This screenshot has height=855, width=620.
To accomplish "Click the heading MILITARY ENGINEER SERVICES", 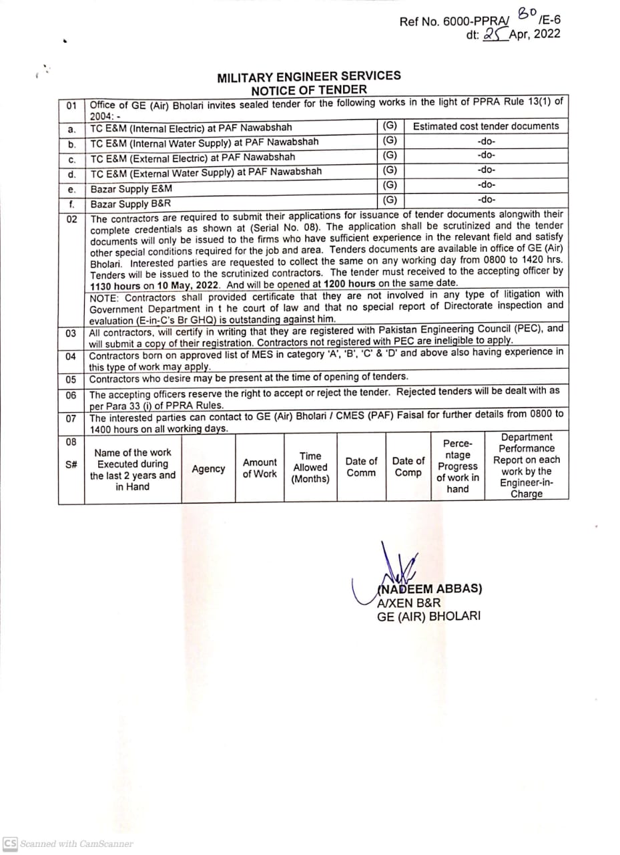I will (309, 77).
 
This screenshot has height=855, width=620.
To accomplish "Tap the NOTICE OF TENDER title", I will (309, 90).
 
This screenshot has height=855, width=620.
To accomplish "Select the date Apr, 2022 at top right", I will (535, 35).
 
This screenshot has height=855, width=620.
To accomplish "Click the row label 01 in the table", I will (71, 106).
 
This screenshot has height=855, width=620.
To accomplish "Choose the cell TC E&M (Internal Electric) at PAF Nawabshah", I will (191, 128).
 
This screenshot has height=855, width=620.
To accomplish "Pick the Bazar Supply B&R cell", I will (131, 204).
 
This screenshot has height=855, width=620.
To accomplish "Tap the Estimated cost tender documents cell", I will (486, 126).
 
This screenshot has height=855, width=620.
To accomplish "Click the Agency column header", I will (208, 469).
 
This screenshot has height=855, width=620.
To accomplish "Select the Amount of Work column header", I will (260, 468).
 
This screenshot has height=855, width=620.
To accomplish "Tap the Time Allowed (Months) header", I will (310, 468).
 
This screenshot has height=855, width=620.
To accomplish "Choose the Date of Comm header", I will (361, 467).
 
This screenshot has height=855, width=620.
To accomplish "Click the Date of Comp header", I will (408, 467).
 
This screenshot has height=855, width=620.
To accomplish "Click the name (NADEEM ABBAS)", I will (429, 588).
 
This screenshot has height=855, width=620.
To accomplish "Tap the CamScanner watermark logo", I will (10, 843).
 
